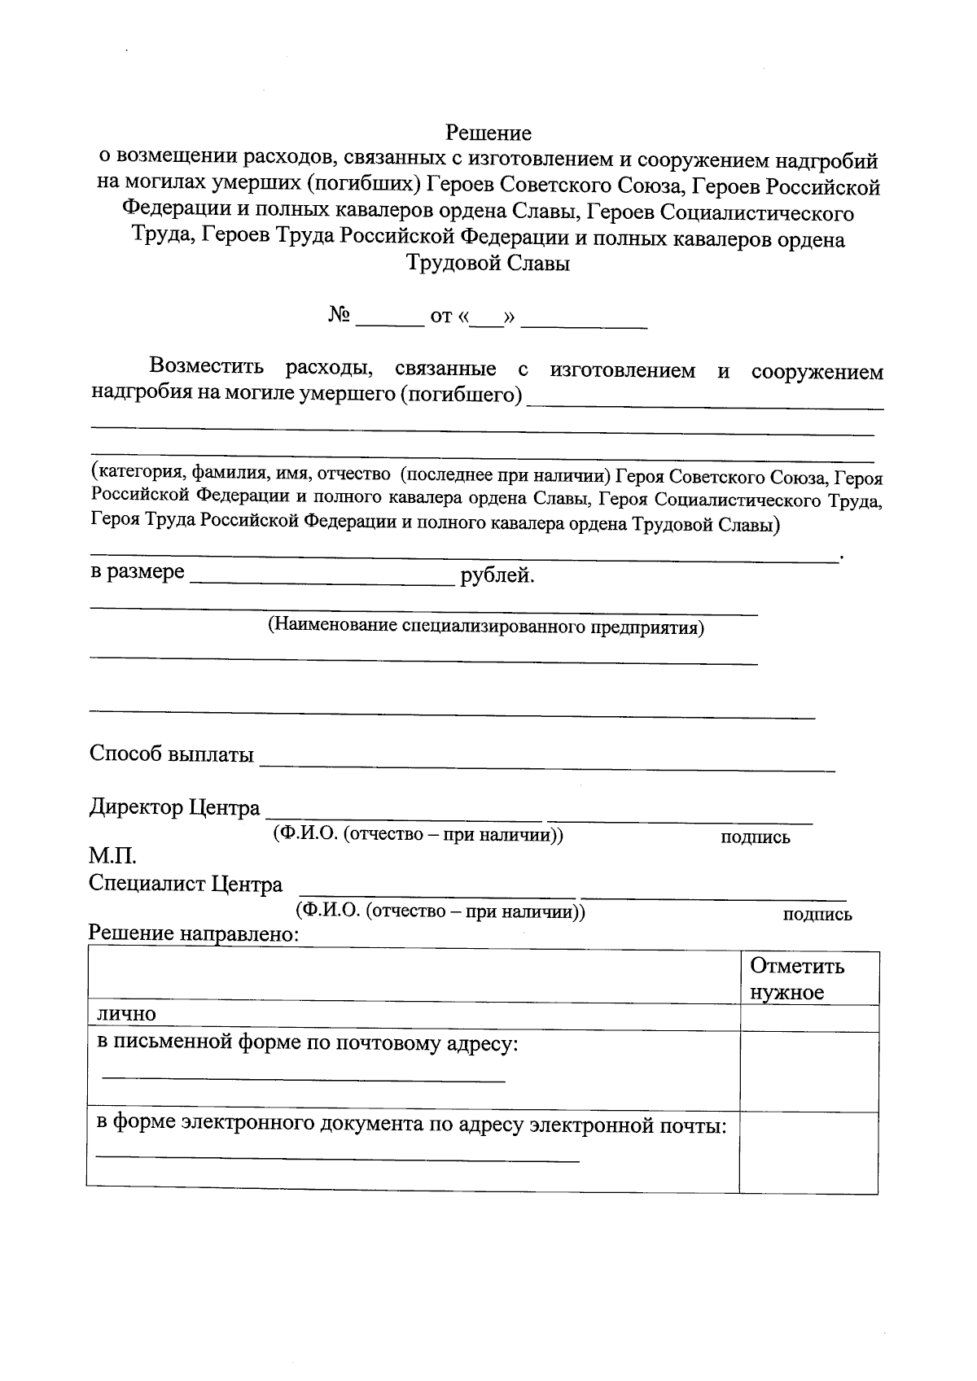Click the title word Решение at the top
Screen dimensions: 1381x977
[488, 133]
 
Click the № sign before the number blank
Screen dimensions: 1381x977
[340, 315]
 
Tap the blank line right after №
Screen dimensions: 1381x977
[390, 321]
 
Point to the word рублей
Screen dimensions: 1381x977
[497, 576]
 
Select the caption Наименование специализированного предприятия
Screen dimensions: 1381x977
[486, 627]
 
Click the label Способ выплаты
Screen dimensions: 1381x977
[171, 754]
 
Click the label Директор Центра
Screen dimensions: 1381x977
[174, 808]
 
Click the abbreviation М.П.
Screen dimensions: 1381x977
[112, 857]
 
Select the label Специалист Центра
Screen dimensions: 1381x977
[186, 884]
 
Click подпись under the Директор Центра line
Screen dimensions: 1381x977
[755, 837]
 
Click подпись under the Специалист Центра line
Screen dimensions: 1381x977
[817, 914]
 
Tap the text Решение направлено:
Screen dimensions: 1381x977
[194, 933]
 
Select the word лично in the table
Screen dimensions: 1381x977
[126, 1014]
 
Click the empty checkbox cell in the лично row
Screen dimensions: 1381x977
[808, 1018]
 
